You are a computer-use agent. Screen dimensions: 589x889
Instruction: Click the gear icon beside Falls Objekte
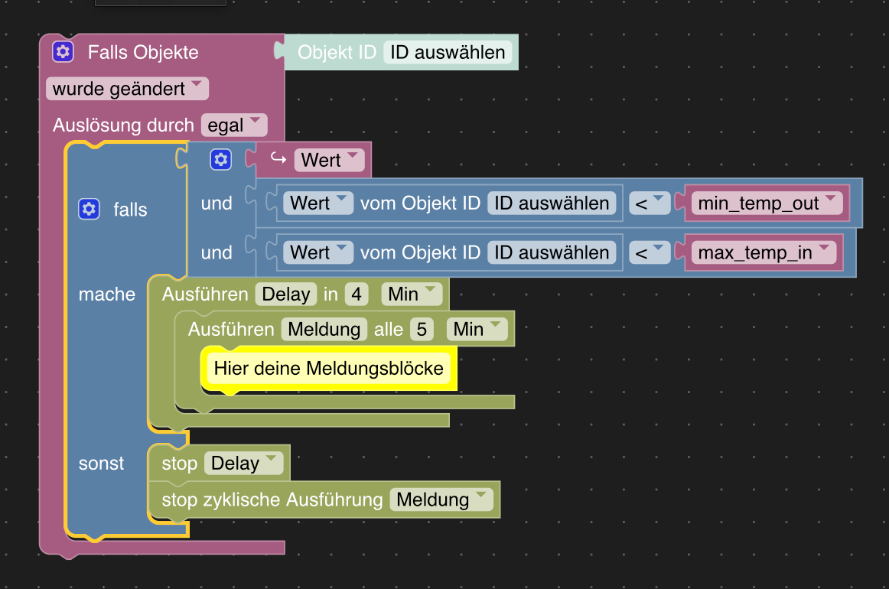[63, 52]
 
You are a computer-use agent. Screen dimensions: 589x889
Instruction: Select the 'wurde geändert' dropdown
[127, 89]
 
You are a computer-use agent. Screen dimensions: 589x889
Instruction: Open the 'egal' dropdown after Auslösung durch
[233, 125]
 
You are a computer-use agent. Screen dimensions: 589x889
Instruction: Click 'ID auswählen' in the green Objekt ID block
[448, 52]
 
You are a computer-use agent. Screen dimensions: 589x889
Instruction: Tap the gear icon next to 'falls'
[89, 209]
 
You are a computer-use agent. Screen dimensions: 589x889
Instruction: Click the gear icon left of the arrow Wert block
[221, 160]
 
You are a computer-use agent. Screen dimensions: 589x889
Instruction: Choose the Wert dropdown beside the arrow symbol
[330, 160]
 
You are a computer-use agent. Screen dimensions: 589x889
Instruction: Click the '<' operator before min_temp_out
[650, 203]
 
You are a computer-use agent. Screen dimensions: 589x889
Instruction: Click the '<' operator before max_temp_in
[650, 252]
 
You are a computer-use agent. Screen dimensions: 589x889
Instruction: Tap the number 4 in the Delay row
[356, 294]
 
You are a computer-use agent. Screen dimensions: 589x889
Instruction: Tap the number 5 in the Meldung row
[421, 329]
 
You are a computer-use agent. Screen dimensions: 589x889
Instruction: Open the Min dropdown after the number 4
[411, 294]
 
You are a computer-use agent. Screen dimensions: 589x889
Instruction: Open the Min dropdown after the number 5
[476, 329]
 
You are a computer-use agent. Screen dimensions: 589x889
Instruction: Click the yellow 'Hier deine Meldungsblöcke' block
[328, 369]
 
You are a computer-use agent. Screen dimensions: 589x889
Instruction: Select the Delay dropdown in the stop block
[243, 464]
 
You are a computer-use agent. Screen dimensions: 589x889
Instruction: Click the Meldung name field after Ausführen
[324, 329]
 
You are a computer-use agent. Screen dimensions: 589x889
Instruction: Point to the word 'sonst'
[101, 464]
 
